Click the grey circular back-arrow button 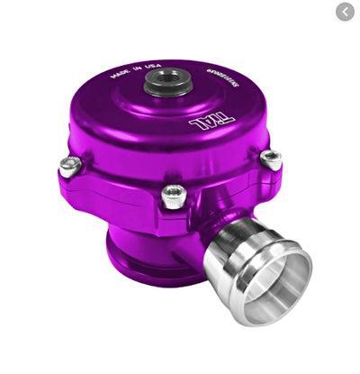345,12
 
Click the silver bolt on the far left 67,165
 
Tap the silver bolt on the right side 270,158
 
